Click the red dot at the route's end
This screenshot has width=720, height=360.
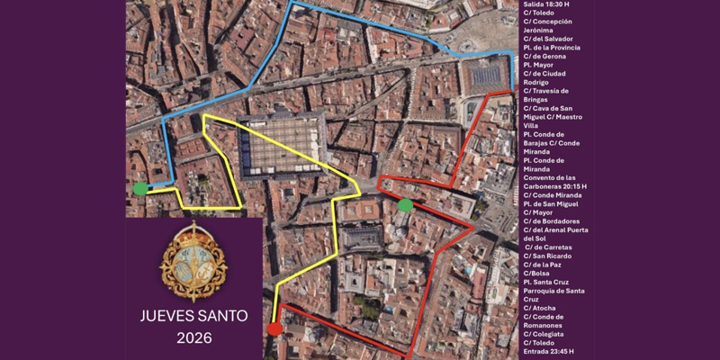coord(274,329)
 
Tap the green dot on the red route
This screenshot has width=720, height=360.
coord(405,205)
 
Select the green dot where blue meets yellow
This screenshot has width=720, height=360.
coord(140,189)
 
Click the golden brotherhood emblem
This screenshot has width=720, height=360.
coord(193,262)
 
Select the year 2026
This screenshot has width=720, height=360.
coord(193,339)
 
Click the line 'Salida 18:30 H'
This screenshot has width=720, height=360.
coord(545,4)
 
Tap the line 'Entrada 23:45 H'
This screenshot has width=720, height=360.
coord(548,351)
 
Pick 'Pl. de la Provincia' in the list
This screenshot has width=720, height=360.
coord(552,48)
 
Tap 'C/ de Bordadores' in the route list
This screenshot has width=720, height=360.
coord(551,221)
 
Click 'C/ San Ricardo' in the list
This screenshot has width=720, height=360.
coord(548,256)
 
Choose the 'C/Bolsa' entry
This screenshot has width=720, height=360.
coord(537,274)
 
